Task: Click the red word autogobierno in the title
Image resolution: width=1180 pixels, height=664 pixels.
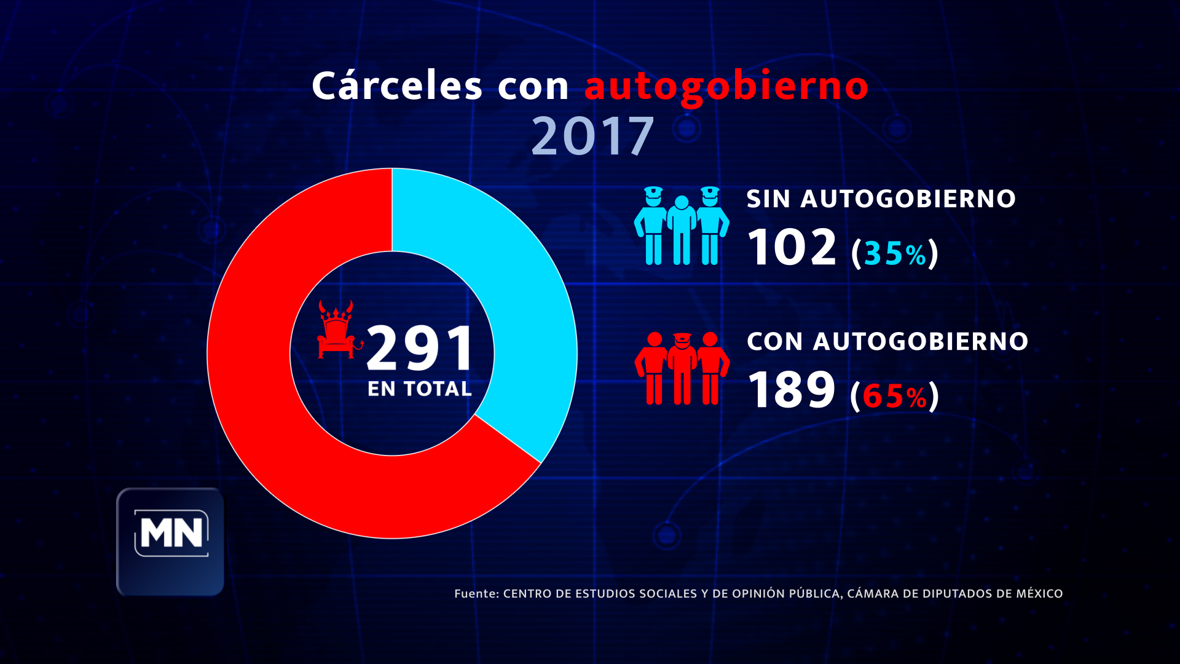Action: coord(726,86)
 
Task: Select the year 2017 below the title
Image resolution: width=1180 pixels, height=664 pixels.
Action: coord(592,136)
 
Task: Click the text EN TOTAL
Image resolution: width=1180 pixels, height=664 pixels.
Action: coord(420,389)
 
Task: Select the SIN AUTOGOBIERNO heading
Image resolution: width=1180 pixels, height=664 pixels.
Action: coord(881,199)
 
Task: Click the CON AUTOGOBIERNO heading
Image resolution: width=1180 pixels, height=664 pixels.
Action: coord(887,342)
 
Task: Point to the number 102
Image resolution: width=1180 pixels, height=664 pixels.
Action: coord(792,247)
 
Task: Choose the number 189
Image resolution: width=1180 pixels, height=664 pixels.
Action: coord(792,390)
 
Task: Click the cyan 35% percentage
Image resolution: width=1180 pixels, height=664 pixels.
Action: coord(895,253)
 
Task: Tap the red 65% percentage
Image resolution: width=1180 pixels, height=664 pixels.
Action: coord(894,396)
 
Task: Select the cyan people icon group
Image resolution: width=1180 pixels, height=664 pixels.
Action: coord(682,226)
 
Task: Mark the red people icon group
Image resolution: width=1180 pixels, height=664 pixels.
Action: coord(682,369)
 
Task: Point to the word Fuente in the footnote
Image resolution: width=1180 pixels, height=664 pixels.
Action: coord(476,594)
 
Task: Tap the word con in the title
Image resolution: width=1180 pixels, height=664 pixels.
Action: coord(533,86)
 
